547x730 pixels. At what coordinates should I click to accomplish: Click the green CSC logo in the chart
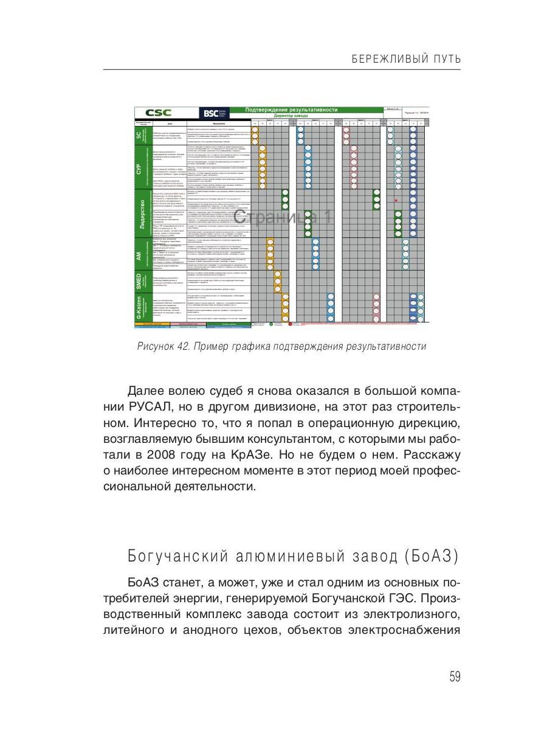(159, 113)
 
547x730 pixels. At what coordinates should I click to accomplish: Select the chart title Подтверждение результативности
(291, 110)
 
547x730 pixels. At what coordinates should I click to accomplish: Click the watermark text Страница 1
(283, 217)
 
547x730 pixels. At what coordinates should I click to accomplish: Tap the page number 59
(455, 677)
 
